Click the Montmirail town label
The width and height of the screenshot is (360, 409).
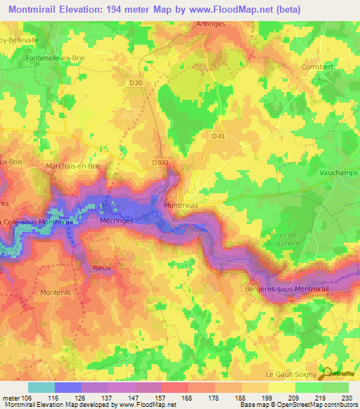180,204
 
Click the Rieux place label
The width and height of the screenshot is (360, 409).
102,268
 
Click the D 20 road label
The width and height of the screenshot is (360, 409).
136,83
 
